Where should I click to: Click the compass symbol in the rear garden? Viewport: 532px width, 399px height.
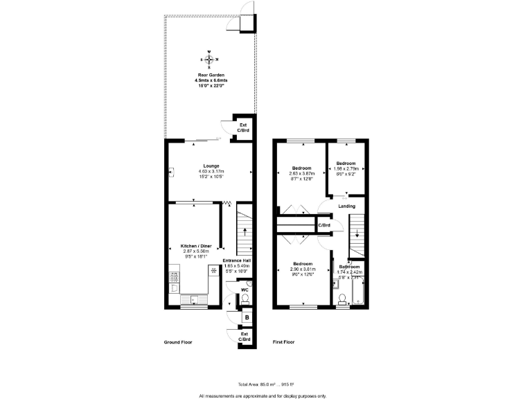[211, 59]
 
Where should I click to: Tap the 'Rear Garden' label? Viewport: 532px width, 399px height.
[211, 75]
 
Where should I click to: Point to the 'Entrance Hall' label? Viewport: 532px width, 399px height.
[236, 260]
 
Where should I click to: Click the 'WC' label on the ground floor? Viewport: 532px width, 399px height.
[244, 290]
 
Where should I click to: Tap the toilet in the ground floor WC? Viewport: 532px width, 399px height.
[244, 299]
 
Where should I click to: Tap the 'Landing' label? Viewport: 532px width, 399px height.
[346, 206]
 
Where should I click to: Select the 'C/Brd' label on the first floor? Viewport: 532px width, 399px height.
[324, 226]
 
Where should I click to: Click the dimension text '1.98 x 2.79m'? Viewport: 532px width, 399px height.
[346, 169]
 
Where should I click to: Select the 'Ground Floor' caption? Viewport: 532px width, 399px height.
[177, 342]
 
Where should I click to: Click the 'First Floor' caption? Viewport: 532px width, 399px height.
[283, 342]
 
